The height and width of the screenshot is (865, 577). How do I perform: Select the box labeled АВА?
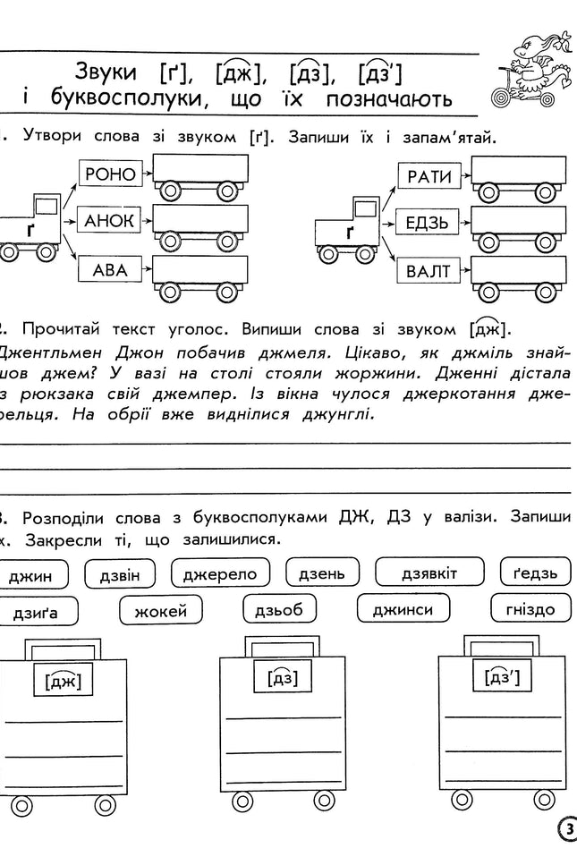106,268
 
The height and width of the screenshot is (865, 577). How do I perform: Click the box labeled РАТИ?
429,174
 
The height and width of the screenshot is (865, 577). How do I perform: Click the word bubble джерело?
219,573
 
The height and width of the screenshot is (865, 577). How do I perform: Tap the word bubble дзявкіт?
429,573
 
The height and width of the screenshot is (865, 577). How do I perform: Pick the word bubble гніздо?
529,610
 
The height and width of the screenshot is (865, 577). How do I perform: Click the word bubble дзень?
321,573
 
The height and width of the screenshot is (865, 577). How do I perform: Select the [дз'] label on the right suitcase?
500,678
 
